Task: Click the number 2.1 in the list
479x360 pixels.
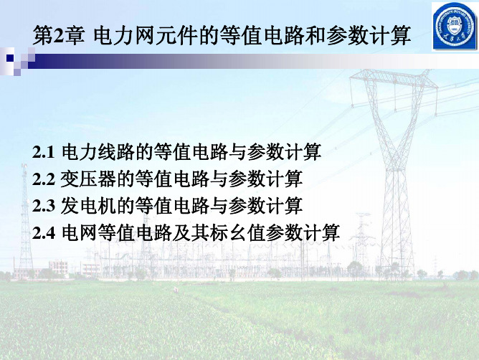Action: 43,152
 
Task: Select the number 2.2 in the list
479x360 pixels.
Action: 43,179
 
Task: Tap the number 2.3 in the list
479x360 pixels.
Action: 43,206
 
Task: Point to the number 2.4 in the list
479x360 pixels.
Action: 44,233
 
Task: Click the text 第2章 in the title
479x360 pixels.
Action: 58,36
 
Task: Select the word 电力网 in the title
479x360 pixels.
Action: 124,36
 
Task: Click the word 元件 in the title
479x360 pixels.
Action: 176,36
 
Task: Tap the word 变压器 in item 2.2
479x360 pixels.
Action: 88,179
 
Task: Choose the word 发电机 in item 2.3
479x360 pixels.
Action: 88,206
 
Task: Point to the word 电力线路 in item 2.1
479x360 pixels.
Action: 98,151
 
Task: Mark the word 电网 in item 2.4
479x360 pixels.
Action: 80,232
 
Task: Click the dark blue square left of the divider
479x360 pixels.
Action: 10,58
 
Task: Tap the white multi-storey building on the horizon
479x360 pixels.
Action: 58,267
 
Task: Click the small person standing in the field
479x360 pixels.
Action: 176,289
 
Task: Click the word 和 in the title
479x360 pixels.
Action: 316,36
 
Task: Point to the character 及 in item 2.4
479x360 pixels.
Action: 181,232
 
